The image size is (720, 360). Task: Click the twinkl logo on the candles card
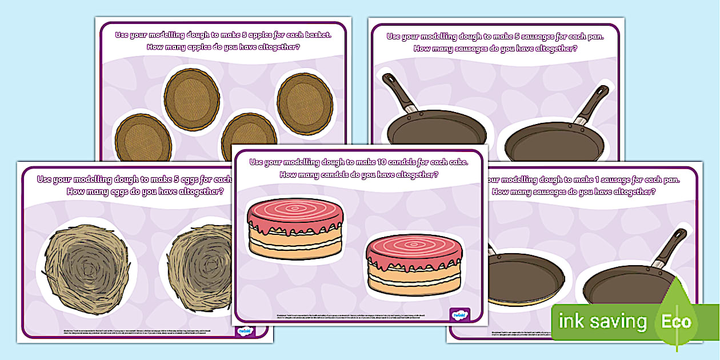click(x=459, y=314)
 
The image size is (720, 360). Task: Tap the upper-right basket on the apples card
click(x=304, y=98)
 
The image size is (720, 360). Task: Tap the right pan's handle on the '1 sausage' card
click(x=670, y=248)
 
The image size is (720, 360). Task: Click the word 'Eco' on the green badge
click(x=677, y=321)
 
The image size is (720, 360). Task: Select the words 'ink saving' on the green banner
click(x=602, y=321)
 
